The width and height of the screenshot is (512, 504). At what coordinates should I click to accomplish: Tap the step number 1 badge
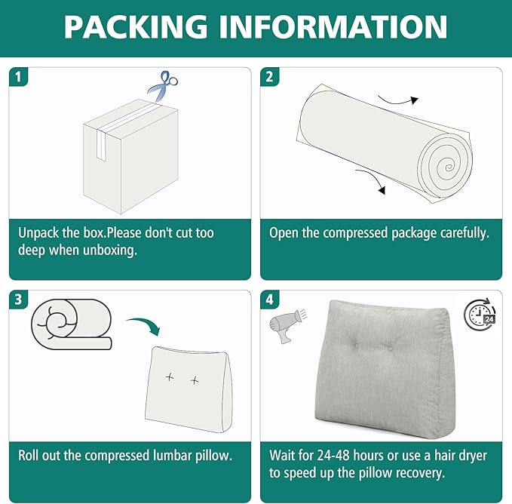[x=18, y=77]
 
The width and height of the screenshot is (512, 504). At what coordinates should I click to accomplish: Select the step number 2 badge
[x=269, y=77]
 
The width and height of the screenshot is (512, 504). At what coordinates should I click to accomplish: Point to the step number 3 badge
[x=18, y=300]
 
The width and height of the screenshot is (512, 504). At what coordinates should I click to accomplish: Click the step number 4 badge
[x=269, y=300]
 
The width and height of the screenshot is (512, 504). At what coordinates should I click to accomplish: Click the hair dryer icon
[x=287, y=326]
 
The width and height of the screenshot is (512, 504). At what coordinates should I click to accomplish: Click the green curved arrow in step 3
[x=146, y=324]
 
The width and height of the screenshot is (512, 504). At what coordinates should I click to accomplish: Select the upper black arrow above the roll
[x=398, y=100]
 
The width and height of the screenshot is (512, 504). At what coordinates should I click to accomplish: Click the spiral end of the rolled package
[x=446, y=166]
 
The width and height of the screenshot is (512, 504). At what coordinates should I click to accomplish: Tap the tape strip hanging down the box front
[x=101, y=145]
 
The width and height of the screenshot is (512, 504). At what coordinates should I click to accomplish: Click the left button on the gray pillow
[x=356, y=346]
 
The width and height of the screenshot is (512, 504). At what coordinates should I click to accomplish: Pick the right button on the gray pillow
[x=390, y=349]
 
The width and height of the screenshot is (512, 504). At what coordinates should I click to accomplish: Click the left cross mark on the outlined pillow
[x=170, y=377]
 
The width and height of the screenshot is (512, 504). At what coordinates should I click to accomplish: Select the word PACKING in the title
[x=136, y=26]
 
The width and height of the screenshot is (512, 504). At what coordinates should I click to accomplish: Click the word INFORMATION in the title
[x=333, y=26]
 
